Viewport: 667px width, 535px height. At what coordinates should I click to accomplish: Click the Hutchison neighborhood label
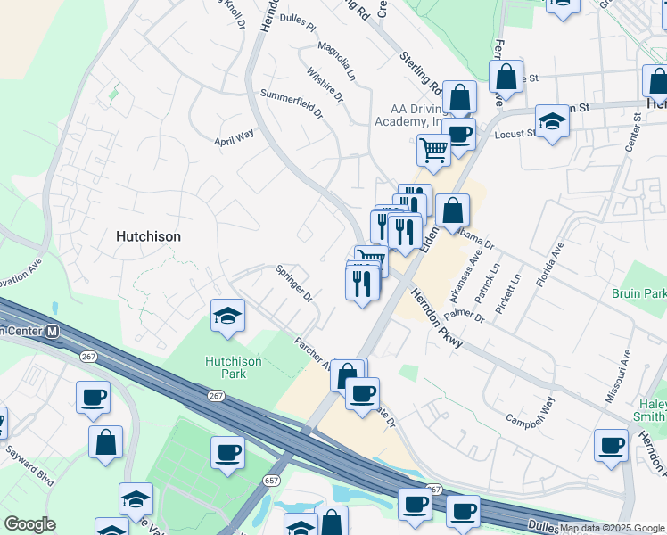tap(148, 237)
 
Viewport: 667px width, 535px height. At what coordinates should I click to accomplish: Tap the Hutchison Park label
tap(233, 367)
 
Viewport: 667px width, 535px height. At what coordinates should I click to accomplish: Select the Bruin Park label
tap(639, 293)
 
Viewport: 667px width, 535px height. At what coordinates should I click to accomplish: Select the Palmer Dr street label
tap(465, 311)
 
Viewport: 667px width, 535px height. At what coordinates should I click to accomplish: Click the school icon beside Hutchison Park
tap(227, 317)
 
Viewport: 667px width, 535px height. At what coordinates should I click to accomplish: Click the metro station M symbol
tap(53, 331)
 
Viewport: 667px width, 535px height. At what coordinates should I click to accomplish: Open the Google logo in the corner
tap(29, 524)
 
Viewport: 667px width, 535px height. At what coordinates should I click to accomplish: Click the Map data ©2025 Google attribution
tap(613, 528)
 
